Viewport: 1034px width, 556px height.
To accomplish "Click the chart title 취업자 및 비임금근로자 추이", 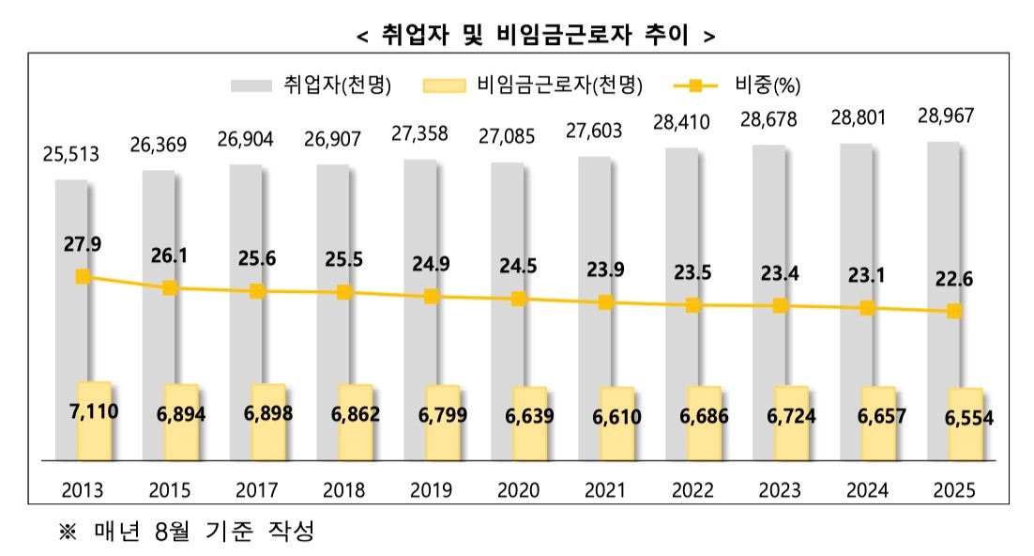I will point(536,36).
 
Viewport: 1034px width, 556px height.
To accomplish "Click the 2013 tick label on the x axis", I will point(84,489).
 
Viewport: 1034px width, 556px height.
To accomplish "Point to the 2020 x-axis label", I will point(519,489).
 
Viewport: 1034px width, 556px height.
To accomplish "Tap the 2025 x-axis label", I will point(954,489).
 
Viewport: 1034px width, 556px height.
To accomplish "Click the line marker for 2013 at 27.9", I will point(83,276).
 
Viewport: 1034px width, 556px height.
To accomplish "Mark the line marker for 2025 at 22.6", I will point(954,311).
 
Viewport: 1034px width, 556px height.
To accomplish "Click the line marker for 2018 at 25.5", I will point(344,292).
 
